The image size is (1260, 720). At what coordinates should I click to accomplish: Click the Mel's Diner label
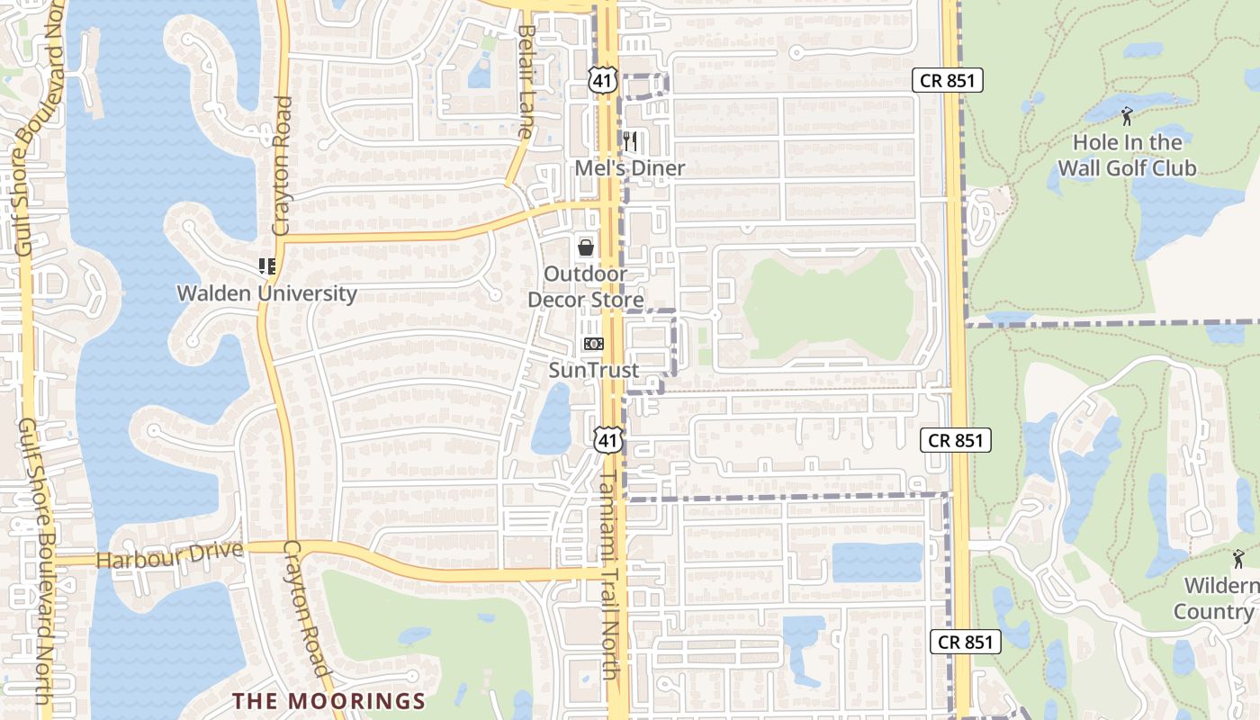(x=630, y=168)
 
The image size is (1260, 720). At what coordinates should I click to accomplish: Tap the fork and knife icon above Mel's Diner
(x=630, y=140)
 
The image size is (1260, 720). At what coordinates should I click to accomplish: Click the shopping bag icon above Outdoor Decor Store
(x=586, y=247)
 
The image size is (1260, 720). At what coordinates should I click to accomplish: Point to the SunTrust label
(x=594, y=370)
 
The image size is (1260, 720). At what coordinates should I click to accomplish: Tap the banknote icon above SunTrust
(x=594, y=343)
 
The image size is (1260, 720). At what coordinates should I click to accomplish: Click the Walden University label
(x=266, y=293)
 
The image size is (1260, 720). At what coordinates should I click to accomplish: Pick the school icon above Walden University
(x=266, y=265)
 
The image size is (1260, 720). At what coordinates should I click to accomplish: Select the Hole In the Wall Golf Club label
(x=1127, y=155)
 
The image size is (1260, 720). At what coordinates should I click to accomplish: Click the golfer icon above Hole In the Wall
(x=1127, y=116)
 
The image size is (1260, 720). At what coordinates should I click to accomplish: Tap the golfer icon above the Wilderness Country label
(x=1238, y=558)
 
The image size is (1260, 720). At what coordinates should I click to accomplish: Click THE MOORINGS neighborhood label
(x=328, y=700)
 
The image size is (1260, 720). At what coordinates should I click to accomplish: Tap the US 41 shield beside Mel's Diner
(x=602, y=81)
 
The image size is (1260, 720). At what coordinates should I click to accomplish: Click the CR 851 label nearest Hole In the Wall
(x=947, y=80)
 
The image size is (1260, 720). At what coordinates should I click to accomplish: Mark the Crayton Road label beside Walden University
(x=282, y=166)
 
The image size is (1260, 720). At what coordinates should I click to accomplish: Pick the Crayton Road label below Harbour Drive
(x=306, y=608)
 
